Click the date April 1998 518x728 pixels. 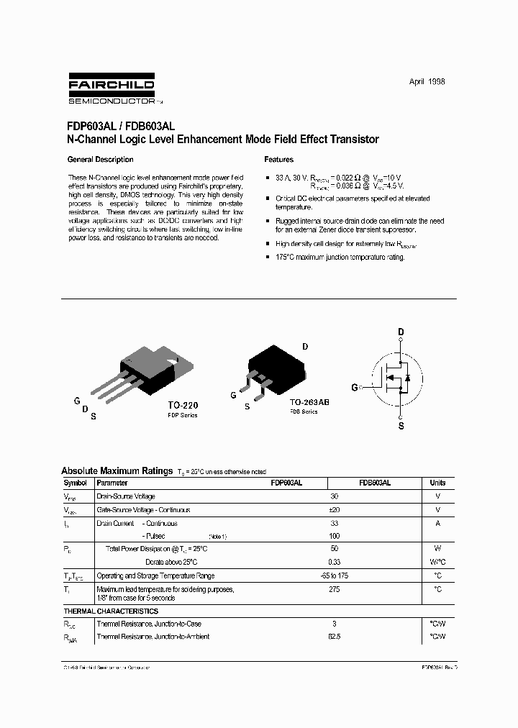pyautogui.click(x=427, y=82)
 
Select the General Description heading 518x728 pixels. pyautogui.click(x=100, y=160)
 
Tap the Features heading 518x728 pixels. pyautogui.click(x=278, y=160)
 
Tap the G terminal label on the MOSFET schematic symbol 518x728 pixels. pyautogui.click(x=354, y=387)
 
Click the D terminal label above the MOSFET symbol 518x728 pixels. pyautogui.click(x=401, y=332)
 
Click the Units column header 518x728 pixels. pyautogui.click(x=437, y=483)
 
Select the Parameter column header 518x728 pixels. pyautogui.click(x=112, y=483)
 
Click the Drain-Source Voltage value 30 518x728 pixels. pyautogui.click(x=334, y=496)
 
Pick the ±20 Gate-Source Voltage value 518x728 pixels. pyautogui.click(x=334, y=510)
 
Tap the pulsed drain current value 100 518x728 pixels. pyautogui.click(x=334, y=537)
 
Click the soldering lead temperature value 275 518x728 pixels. pyautogui.click(x=334, y=590)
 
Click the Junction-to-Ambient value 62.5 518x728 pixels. pyautogui.click(x=334, y=637)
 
